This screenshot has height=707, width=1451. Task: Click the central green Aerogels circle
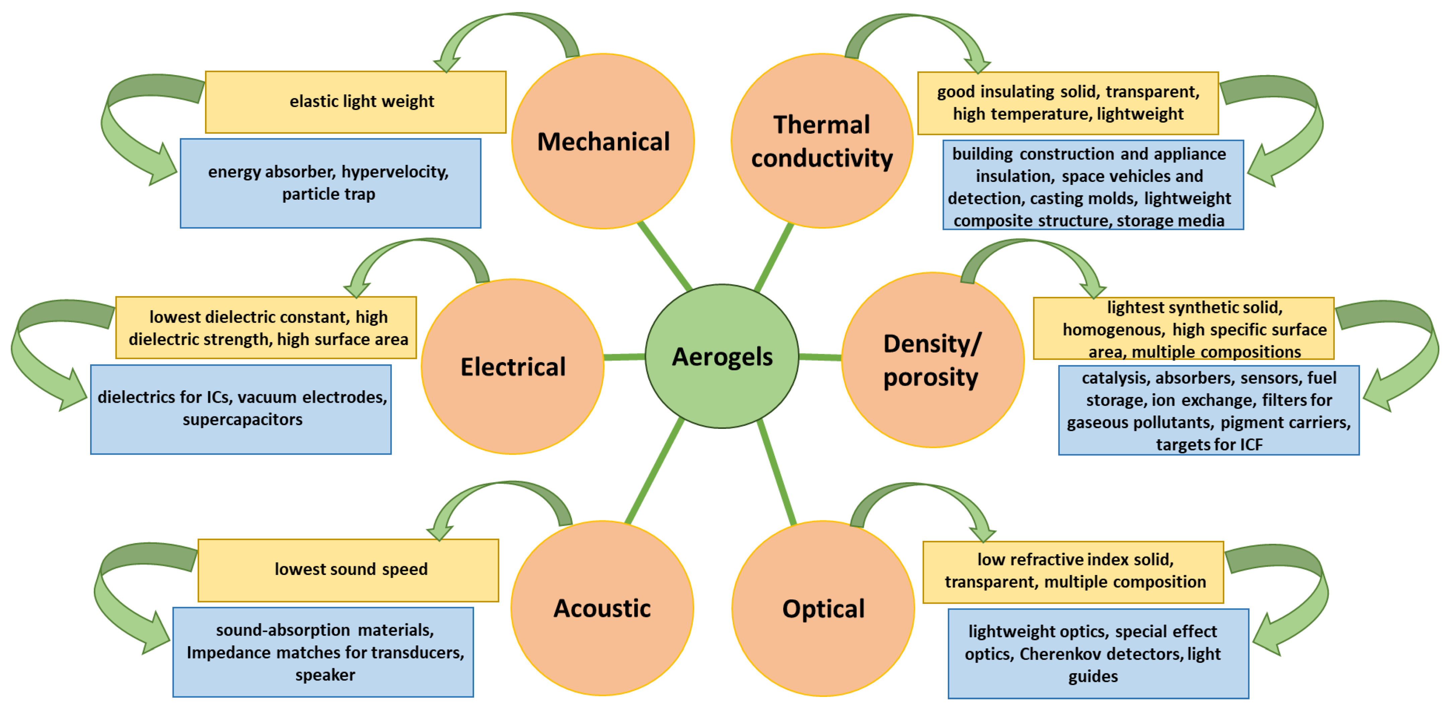[722, 356]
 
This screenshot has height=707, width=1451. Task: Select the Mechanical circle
[603, 141]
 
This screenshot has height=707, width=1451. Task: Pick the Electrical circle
[513, 366]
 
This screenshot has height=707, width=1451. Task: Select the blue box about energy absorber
[330, 183]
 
